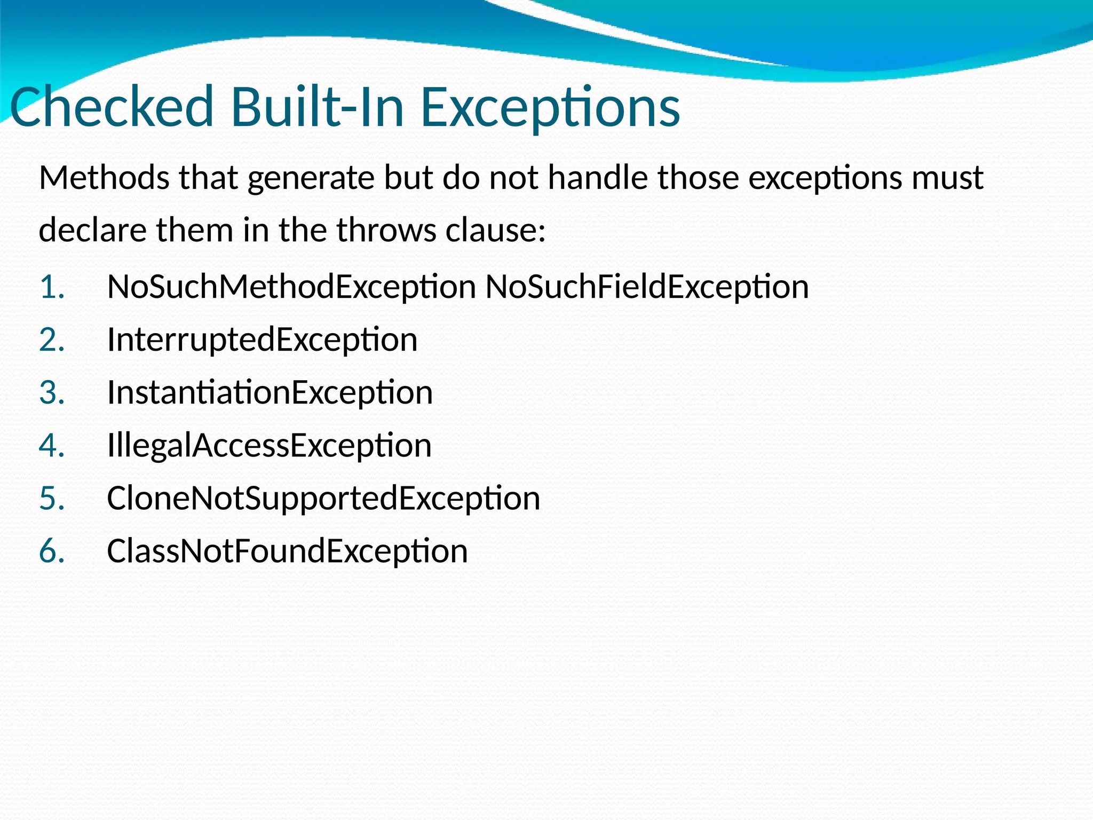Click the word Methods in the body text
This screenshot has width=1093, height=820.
(x=104, y=178)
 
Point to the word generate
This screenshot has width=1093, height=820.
(x=311, y=178)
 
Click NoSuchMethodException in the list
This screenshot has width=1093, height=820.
(x=291, y=287)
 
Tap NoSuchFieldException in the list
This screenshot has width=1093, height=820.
(x=647, y=287)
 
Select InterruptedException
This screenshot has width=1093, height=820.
(x=262, y=340)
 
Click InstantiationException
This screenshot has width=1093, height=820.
(x=270, y=393)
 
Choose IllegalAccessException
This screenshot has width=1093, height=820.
(x=269, y=446)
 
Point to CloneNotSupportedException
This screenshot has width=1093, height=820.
(x=323, y=499)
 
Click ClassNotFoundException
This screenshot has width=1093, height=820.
(x=287, y=551)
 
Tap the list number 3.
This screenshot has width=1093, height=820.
(x=52, y=393)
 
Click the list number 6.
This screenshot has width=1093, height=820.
(x=52, y=551)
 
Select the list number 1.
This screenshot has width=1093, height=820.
(x=52, y=287)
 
